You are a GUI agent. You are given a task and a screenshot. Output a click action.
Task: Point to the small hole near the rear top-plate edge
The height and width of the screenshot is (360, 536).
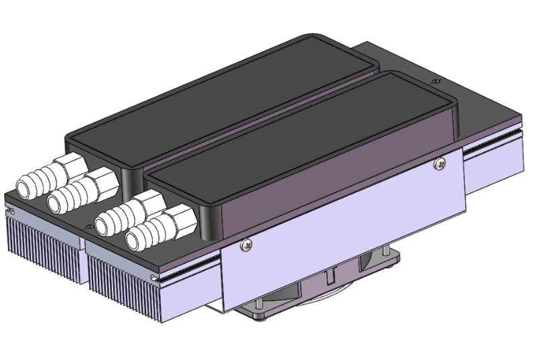(x=439, y=80)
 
